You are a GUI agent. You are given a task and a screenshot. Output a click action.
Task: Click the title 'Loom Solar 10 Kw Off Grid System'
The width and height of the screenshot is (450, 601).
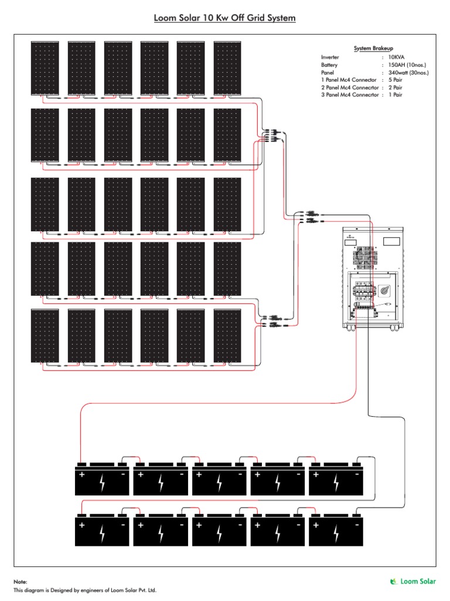tap(224, 18)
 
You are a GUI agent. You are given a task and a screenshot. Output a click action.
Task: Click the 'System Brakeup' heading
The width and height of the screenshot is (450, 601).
tap(371, 48)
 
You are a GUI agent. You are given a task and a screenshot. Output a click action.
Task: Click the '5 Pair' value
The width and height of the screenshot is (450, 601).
tap(396, 80)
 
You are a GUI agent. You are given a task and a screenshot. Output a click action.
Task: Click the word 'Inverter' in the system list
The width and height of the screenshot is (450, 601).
tap(330, 57)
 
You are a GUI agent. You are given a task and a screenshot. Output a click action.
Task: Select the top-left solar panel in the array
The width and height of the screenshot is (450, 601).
tap(45, 67)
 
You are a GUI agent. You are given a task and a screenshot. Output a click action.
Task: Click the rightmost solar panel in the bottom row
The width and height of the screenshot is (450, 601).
tap(227, 336)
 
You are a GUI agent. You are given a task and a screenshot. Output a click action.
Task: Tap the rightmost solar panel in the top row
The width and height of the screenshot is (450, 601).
tap(227, 67)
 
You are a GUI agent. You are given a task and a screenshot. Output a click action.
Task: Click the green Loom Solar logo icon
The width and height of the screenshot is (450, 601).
tap(394, 581)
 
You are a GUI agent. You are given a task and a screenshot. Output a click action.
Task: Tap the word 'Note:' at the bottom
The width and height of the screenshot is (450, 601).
tap(21, 581)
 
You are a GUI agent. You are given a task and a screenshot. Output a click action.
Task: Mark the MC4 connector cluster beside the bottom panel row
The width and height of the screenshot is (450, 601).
tap(273, 320)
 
